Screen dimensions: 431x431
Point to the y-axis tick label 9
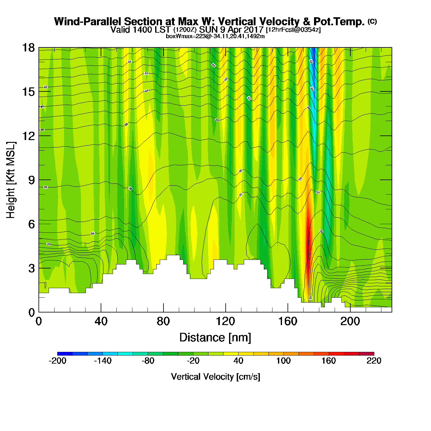(31, 180)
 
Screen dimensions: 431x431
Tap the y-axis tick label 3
(31, 268)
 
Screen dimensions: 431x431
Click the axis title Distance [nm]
(215, 338)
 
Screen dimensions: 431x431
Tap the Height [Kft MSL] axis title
(11, 180)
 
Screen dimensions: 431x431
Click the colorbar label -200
(58, 361)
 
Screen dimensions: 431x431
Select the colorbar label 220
(374, 361)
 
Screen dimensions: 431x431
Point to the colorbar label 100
(283, 361)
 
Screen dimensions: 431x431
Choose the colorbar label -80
(148, 361)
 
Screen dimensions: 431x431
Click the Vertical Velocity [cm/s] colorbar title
(216, 377)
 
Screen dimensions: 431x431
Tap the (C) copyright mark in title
(372, 21)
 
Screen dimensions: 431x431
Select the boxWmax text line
(215, 36)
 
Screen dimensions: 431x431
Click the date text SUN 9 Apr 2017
(231, 30)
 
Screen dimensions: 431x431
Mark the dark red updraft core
(308, 234)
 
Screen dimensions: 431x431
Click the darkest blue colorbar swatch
(65, 353)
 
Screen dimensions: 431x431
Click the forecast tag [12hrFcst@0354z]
(293, 30)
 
